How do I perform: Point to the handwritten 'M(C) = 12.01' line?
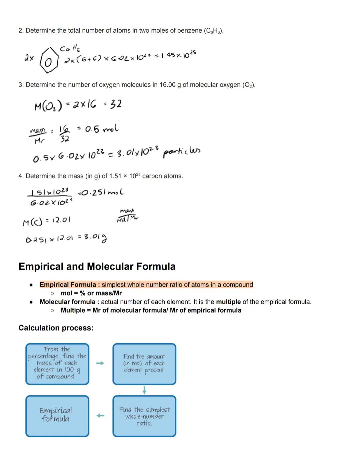[x=46, y=221]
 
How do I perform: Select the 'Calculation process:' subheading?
[x=56, y=328]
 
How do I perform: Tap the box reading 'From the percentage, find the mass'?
[x=57, y=364]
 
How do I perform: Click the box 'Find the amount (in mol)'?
[x=144, y=364]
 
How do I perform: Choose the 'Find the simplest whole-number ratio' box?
[x=144, y=416]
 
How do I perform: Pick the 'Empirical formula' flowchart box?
[x=57, y=416]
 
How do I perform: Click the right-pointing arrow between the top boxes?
[x=100, y=363]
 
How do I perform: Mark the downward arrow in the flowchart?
[x=144, y=390]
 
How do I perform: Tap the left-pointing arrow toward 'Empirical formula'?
[x=100, y=416]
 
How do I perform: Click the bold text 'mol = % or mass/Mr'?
[x=91, y=293]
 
